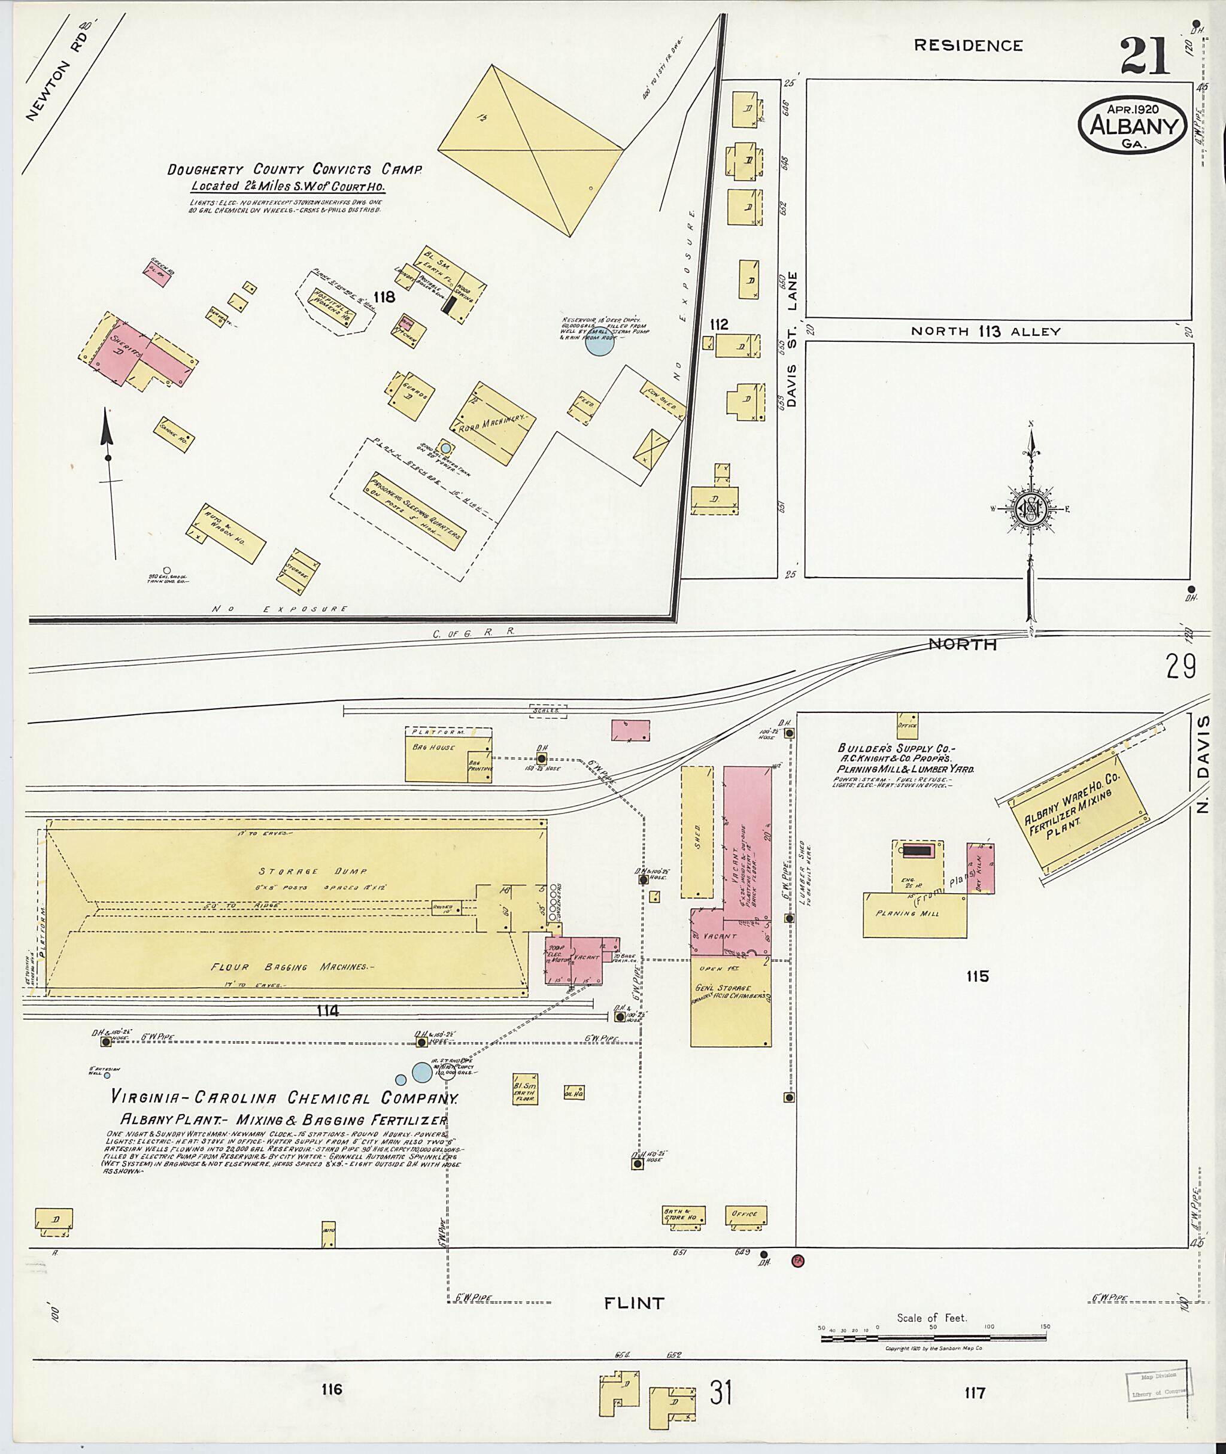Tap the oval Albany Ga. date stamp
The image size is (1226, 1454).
pos(1133,125)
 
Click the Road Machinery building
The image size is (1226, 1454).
pos(493,423)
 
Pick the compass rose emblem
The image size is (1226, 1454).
pos(1031,509)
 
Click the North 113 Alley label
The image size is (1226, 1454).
pos(986,332)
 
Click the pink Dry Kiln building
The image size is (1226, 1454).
pos(981,868)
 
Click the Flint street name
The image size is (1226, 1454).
pos(634,1303)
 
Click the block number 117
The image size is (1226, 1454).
pos(975,1393)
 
